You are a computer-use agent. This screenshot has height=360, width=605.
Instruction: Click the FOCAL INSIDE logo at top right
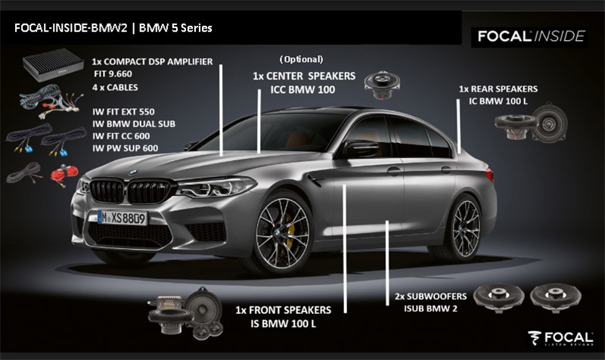click(531, 36)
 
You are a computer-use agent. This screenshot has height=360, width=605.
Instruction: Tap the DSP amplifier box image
click(53, 65)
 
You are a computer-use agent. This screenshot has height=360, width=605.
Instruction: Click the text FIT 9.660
click(113, 73)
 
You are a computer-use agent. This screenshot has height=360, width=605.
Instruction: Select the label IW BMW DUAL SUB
click(134, 124)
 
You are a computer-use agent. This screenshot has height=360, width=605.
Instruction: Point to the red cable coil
click(64, 173)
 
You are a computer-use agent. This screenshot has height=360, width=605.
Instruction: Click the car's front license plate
click(123, 218)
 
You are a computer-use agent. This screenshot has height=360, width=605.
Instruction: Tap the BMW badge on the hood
click(132, 172)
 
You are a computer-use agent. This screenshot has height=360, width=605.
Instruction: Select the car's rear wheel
click(465, 228)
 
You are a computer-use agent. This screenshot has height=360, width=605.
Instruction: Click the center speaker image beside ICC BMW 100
click(382, 85)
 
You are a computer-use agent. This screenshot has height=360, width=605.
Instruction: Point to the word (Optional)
click(301, 60)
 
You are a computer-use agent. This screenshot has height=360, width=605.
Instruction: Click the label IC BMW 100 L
click(498, 101)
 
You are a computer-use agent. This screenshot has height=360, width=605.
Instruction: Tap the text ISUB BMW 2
click(430, 309)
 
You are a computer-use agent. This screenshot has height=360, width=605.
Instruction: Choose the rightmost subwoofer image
click(556, 297)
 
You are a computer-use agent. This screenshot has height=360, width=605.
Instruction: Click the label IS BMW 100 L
click(283, 324)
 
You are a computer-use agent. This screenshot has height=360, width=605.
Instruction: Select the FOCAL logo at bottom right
click(560, 338)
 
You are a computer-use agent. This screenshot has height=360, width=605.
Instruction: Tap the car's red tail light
click(489, 175)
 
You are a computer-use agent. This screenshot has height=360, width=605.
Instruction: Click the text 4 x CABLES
click(115, 88)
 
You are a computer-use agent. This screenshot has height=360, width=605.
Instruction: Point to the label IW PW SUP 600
click(125, 148)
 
